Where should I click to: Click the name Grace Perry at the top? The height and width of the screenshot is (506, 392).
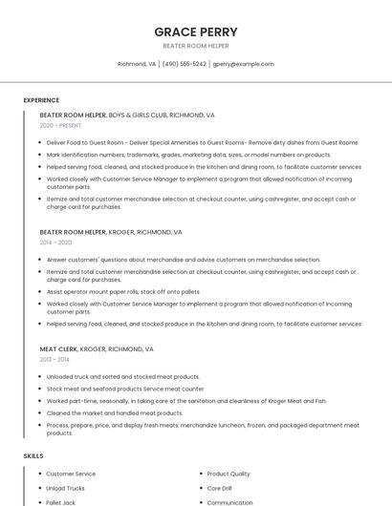[x=196, y=32]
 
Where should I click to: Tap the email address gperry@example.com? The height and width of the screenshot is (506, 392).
[x=243, y=64]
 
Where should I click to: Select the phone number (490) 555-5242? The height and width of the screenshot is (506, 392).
[x=184, y=64]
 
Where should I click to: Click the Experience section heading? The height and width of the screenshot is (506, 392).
[x=41, y=100]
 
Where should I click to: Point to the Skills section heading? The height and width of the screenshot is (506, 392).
[x=33, y=456]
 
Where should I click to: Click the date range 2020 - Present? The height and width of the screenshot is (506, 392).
[x=61, y=125]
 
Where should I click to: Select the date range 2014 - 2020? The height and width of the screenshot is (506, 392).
[x=55, y=242]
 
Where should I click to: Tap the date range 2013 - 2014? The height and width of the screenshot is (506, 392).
[x=55, y=359]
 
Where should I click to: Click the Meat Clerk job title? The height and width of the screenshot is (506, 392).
[x=58, y=348]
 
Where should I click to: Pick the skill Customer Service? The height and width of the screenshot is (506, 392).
[x=72, y=474]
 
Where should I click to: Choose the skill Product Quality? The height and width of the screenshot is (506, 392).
[x=229, y=474]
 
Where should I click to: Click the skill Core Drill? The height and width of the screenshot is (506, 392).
[x=220, y=488]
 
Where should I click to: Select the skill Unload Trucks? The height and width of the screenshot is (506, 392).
[x=66, y=488]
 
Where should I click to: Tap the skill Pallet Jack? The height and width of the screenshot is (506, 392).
[x=61, y=502]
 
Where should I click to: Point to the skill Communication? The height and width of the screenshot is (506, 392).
[x=229, y=502]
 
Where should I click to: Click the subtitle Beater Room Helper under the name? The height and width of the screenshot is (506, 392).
[x=196, y=46]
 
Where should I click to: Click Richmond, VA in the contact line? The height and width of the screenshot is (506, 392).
[x=137, y=64]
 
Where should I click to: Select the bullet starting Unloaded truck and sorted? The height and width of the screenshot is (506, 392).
[x=123, y=376]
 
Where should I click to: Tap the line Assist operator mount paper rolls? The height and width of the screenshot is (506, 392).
[x=122, y=291]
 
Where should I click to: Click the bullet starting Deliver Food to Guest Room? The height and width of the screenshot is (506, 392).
[x=202, y=142]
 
